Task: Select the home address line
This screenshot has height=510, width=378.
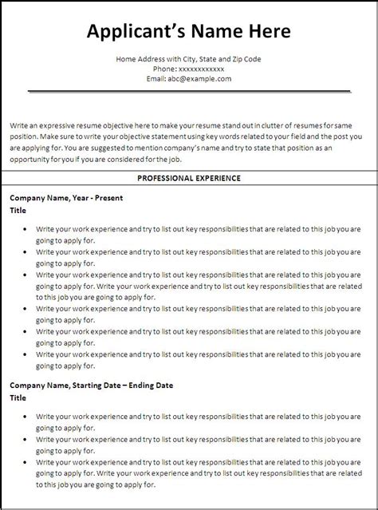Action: coord(188,59)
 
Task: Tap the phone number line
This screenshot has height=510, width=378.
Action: coord(188,69)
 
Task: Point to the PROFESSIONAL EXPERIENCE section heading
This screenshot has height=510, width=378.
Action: coord(188,178)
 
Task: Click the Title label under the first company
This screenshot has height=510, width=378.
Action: coord(18,211)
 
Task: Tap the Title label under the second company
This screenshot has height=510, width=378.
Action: coord(18,397)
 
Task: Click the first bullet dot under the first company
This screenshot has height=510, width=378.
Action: coord(26,228)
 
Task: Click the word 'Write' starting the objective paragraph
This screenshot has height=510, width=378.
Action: coord(20,125)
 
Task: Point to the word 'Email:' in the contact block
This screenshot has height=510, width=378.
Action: coord(156,79)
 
